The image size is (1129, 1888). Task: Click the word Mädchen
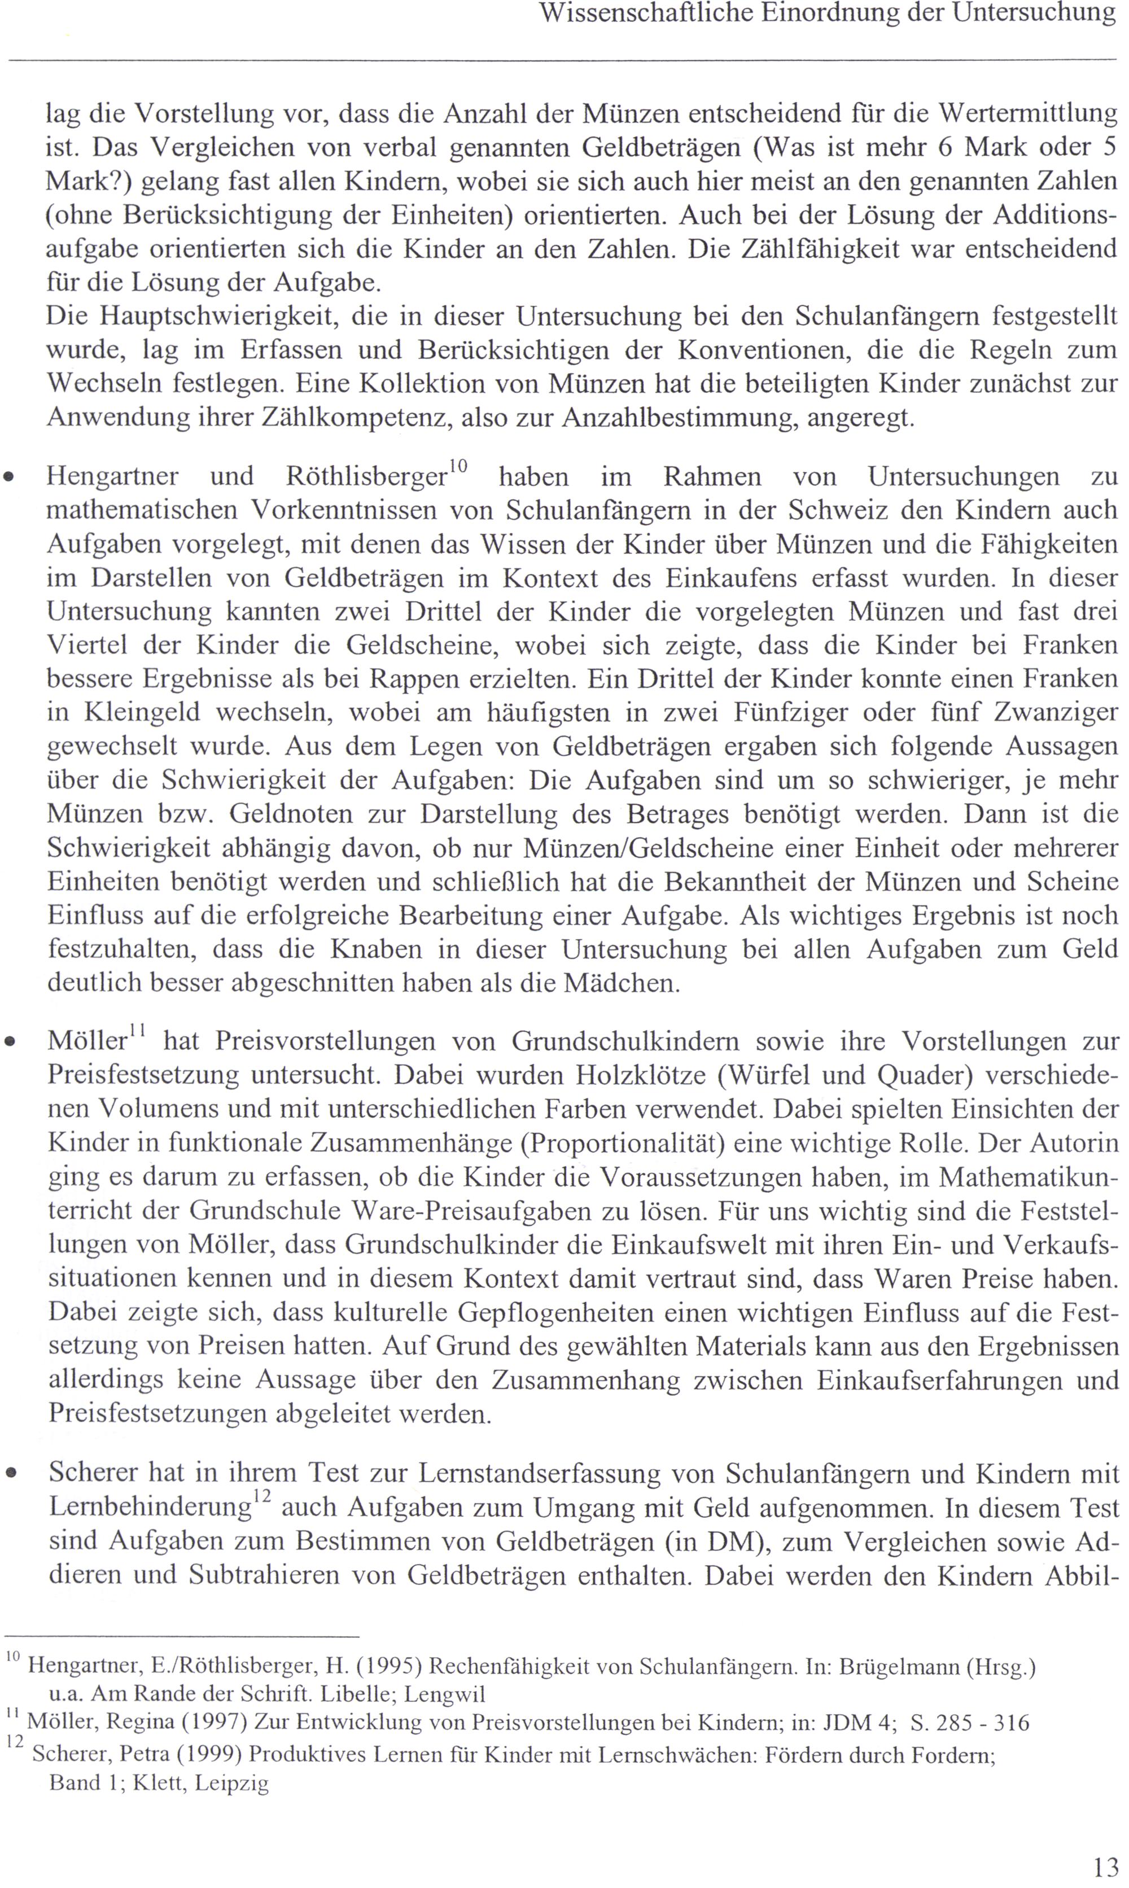(x=620, y=983)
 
